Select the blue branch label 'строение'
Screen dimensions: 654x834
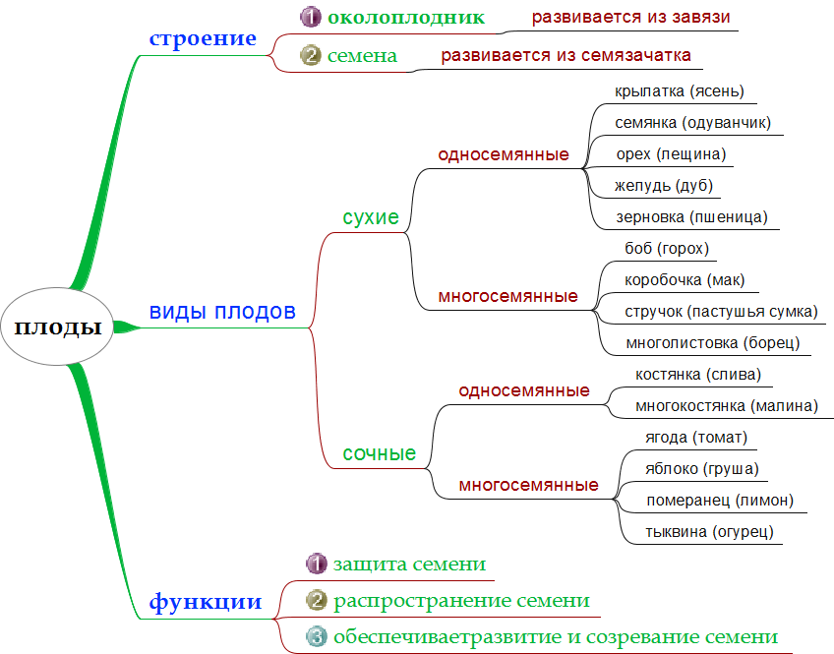pyautogui.click(x=203, y=39)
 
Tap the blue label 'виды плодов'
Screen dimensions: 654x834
pyautogui.click(x=222, y=312)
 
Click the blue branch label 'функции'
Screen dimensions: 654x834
pyautogui.click(x=205, y=602)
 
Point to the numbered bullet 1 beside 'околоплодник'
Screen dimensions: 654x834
pyautogui.click(x=311, y=17)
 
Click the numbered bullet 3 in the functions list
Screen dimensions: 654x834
pyautogui.click(x=317, y=636)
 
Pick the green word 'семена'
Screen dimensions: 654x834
pyautogui.click(x=362, y=56)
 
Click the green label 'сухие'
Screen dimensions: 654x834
pyautogui.click(x=371, y=217)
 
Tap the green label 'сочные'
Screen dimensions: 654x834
pyautogui.click(x=379, y=453)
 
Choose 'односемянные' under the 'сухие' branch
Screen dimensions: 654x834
pyautogui.click(x=504, y=154)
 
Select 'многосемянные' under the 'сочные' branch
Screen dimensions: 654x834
pyautogui.click(x=528, y=485)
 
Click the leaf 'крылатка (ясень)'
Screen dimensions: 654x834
pyautogui.click(x=679, y=91)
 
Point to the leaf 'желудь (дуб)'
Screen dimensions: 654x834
pyautogui.click(x=664, y=186)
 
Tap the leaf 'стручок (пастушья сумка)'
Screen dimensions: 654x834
pyautogui.click(x=721, y=312)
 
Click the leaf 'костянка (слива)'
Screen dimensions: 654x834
pyautogui.click(x=698, y=374)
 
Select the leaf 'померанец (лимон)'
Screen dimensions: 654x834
pyautogui.click(x=719, y=501)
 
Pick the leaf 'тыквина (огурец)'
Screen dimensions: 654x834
pyautogui.click(x=709, y=532)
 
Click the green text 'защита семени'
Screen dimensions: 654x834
pyautogui.click(x=409, y=565)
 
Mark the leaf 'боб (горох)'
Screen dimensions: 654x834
pyautogui.click(x=667, y=249)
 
